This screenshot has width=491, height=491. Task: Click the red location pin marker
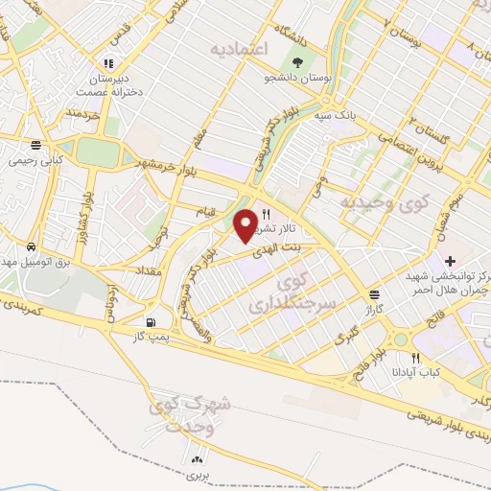245,223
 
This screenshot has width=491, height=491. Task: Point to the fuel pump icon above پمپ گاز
150,322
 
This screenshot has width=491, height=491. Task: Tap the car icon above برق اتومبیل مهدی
33,247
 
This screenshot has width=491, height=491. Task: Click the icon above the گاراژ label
372,293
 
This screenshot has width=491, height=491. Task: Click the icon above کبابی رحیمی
35,146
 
